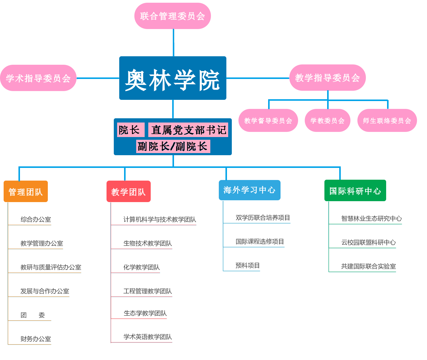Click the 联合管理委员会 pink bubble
pyautogui.click(x=172, y=16)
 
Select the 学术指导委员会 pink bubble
pyautogui.click(x=38, y=78)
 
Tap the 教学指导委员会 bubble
pyautogui.click(x=327, y=78)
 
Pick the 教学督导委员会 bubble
pyautogui.click(x=268, y=120)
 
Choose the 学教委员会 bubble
pyautogui.click(x=327, y=120)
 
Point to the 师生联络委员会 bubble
pyautogui.click(x=387, y=120)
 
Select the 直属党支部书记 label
pyautogui.click(x=188, y=130)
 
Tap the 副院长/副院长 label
pyautogui.click(x=173, y=146)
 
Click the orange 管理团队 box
pyautogui.click(x=26, y=191)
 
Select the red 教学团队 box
pyautogui.click(x=129, y=191)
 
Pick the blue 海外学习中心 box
pyautogui.click(x=249, y=190)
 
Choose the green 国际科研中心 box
pyautogui.click(x=355, y=191)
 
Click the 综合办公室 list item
pyautogui.click(x=36, y=220)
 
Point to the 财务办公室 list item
pyautogui.click(x=36, y=339)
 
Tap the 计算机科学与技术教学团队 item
pyautogui.click(x=159, y=220)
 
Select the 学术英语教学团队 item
pyautogui.click(x=147, y=337)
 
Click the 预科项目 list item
pyautogui.click(x=248, y=266)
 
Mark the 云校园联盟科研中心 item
pyautogui.click(x=368, y=242)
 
